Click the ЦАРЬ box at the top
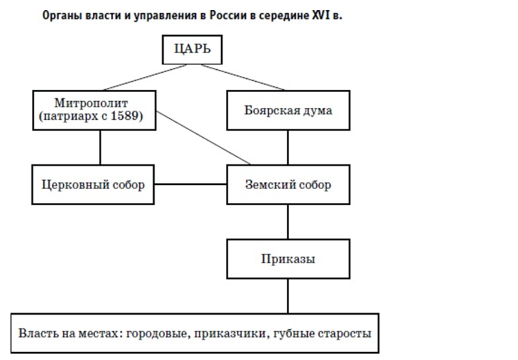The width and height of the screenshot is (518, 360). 192,49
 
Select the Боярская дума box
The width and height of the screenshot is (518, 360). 288,110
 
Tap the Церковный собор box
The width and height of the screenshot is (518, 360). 93,185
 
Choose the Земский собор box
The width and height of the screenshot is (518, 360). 288,185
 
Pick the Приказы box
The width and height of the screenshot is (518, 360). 288,259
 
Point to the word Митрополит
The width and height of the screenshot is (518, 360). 91,103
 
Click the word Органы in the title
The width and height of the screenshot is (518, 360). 62,16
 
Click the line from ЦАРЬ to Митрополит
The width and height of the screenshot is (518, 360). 145,77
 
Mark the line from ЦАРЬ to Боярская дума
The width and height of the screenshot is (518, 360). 243,77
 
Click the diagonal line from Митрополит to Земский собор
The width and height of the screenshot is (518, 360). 203,138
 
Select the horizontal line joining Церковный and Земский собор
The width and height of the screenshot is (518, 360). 190,184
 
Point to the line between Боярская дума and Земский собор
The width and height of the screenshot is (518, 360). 288,147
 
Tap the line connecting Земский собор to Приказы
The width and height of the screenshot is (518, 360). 288,222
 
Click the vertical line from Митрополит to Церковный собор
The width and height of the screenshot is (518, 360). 100,147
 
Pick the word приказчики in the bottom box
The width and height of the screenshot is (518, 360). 231,334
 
